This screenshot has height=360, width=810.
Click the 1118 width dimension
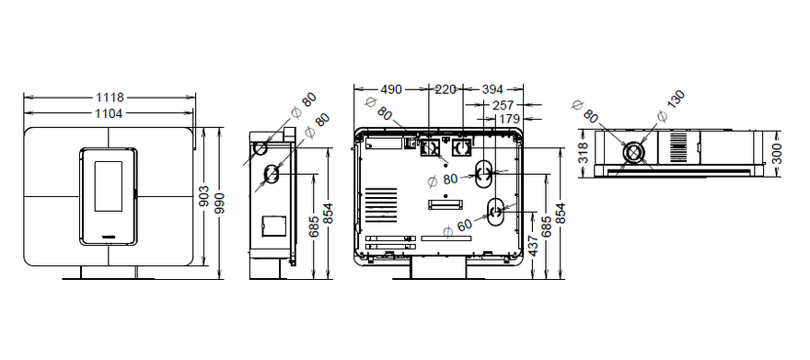tap(110, 97)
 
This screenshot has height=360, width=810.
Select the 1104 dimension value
tap(110, 113)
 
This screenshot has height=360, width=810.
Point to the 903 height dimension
tap(205, 197)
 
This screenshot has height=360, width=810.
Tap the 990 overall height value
tap(220, 204)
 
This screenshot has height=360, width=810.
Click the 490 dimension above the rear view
tap(391, 89)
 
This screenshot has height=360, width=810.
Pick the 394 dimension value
tap(492, 89)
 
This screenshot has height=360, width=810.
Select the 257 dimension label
tap(503, 105)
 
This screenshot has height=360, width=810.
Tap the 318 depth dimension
tap(584, 154)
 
